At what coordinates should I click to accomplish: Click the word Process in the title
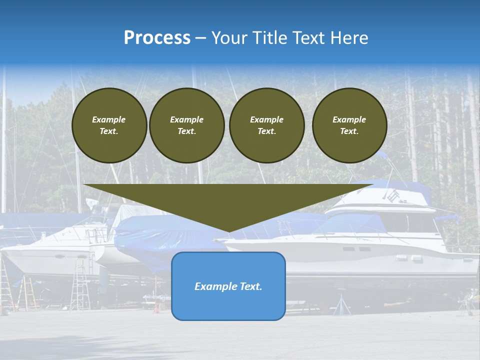point(157,38)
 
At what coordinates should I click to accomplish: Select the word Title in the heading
point(272,38)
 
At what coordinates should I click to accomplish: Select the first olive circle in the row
point(109,125)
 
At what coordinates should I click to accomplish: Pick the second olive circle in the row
point(186,125)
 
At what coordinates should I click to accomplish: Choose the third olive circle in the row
point(266,125)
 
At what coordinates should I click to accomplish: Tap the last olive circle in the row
point(349,125)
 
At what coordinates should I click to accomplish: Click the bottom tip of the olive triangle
point(228,231)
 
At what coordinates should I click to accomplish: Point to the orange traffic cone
point(156,308)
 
